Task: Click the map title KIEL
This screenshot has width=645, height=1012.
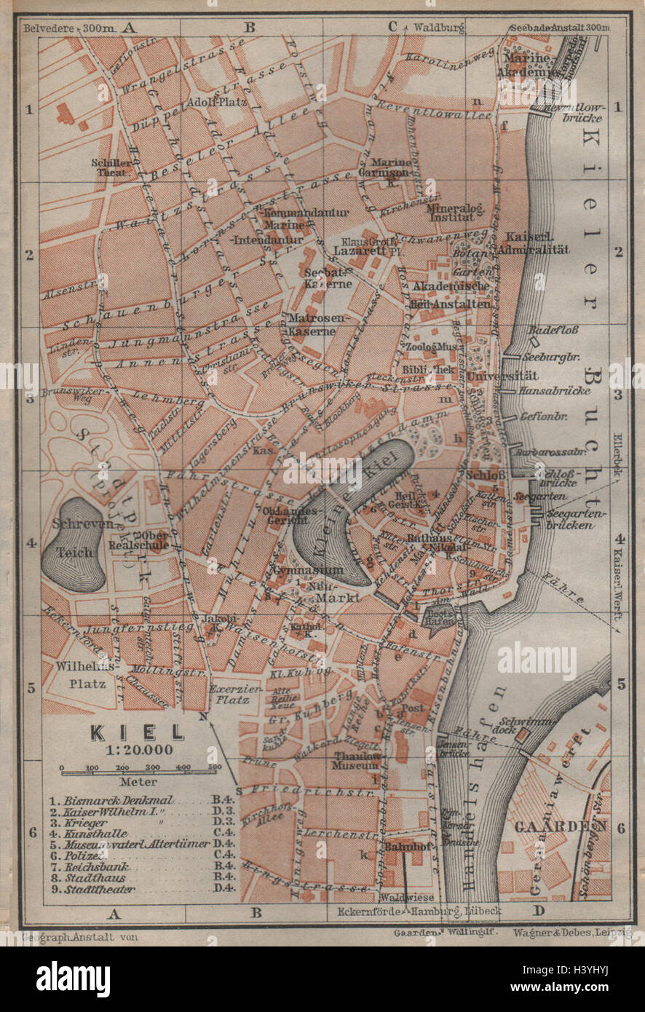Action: (138, 732)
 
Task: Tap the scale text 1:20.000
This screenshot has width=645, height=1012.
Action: (138, 751)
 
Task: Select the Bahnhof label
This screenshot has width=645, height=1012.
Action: (405, 847)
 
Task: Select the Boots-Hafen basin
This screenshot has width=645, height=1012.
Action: (442, 618)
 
